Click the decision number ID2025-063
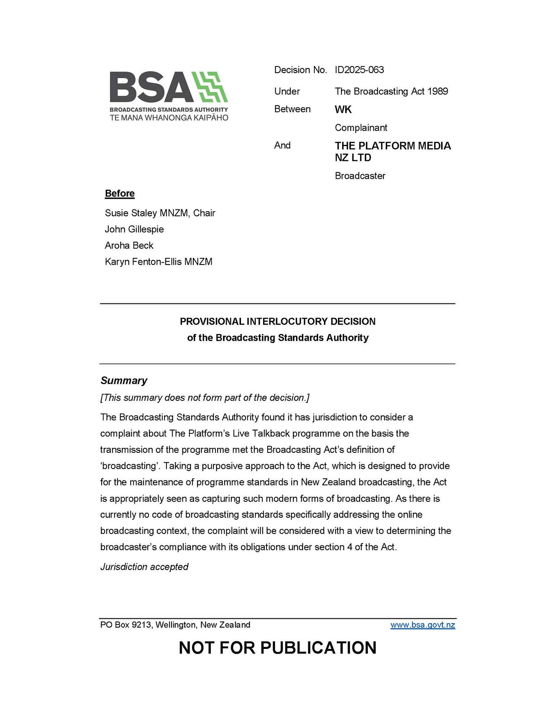tap(359, 70)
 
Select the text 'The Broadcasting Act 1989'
tap(391, 91)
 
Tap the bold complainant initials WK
tap(343, 109)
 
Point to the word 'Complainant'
tap(361, 128)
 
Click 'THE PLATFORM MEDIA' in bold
tap(393, 146)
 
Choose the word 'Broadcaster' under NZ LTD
tap(360, 176)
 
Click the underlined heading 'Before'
tap(120, 193)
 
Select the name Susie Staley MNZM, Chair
tap(160, 213)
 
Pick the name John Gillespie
tap(134, 229)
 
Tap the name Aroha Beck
tap(129, 245)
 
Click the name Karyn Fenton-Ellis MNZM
tap(158, 262)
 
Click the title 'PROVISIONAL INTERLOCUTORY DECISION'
tap(278, 321)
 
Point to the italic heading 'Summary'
tap(124, 381)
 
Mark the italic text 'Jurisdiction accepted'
tap(144, 567)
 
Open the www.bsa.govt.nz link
tap(422, 625)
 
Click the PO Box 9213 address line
tap(175, 625)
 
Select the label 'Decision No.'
tap(300, 70)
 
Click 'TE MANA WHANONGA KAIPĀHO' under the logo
tap(169, 118)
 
